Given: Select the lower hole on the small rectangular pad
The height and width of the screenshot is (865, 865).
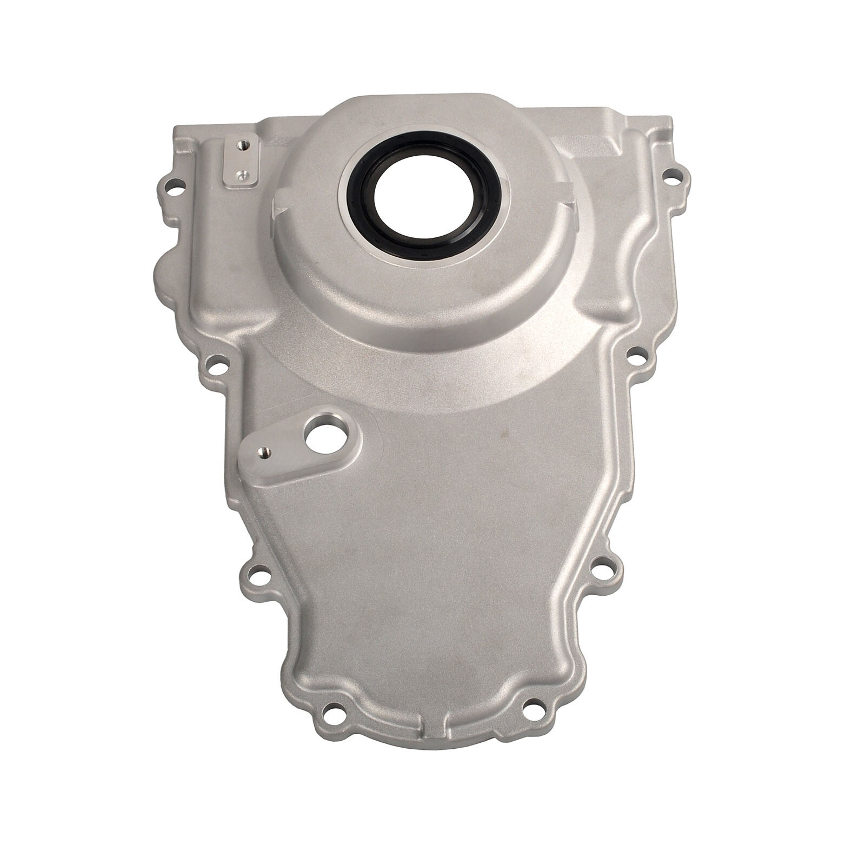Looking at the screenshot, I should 242,174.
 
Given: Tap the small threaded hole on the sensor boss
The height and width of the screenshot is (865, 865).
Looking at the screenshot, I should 265,453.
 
